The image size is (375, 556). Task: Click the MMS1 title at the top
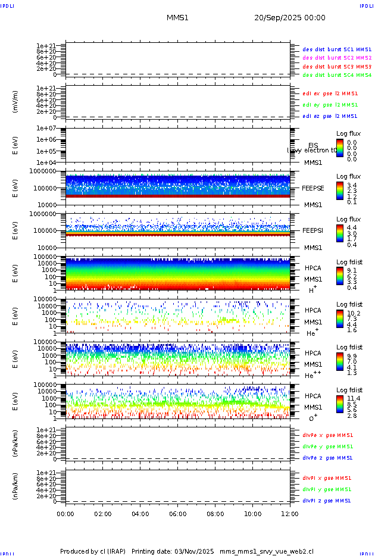coord(177,18)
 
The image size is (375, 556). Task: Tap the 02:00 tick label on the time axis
coord(103,513)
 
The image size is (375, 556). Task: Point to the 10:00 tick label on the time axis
coord(253,513)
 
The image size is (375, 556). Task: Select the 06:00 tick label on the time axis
coord(178,513)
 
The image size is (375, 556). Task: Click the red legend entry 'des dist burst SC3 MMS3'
coord(337,67)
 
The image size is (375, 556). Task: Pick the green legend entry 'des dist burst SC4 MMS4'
coord(337,76)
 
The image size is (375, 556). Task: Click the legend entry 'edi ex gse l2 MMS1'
coord(330,93)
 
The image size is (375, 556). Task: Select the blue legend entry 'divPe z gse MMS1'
coord(328,458)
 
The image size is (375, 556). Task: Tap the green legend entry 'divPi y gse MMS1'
coord(328,489)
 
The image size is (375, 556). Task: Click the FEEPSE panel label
coord(313,188)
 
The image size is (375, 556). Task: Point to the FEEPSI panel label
coord(313,230)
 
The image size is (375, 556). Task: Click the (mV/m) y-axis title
coord(16,102)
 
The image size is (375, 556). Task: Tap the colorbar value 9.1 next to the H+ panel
coord(352,270)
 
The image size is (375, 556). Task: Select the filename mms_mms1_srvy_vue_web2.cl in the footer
coord(267,551)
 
